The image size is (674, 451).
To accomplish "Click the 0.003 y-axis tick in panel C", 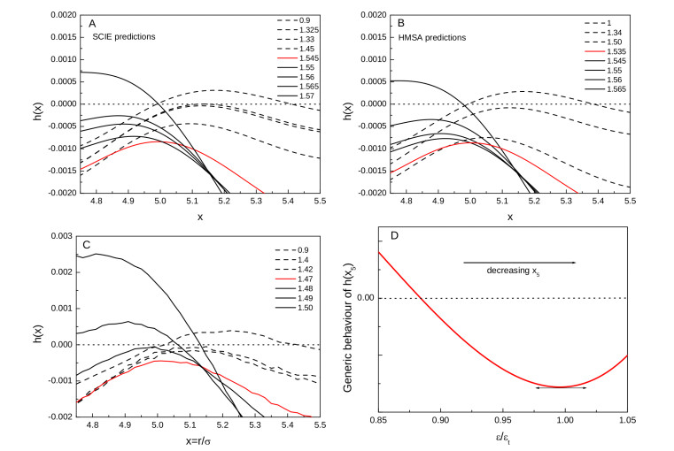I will pyautogui.click(x=65, y=235).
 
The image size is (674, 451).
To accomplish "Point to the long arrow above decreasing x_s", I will pyautogui.click(x=519, y=263).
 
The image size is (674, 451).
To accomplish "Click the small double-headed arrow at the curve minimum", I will pyautogui.click(x=561, y=387).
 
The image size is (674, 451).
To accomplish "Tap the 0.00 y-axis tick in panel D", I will pyautogui.click(x=361, y=298).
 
